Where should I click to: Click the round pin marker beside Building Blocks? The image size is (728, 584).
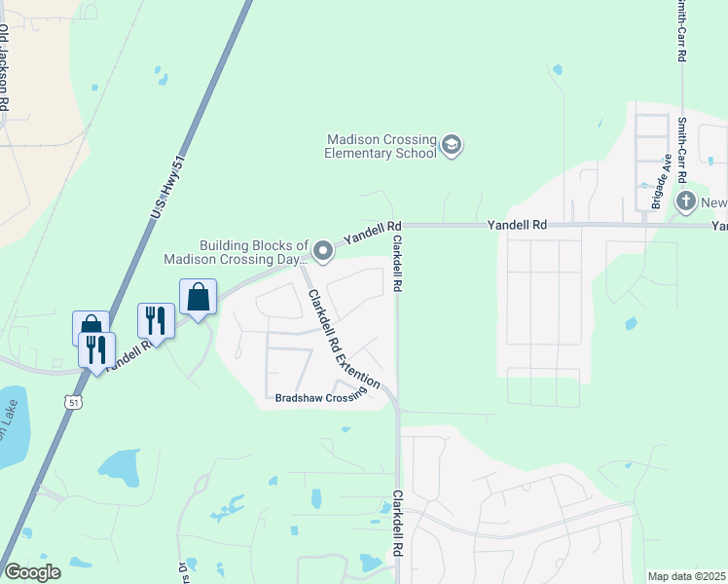323,253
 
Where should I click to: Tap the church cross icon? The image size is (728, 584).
686,202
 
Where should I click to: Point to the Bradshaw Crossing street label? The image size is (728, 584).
318,397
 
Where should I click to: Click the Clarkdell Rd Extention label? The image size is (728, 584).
344,340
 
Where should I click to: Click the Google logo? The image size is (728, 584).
32,572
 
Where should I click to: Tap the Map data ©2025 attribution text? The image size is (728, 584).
686,576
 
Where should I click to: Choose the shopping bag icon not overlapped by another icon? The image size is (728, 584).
198,297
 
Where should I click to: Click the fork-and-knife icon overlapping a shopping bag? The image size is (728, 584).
96,348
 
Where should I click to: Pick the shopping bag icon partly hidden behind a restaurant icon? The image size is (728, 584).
89,324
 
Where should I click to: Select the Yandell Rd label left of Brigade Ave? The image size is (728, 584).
517,225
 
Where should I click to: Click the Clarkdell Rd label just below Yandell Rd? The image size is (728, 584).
397,265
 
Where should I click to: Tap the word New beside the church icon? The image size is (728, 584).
714,202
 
